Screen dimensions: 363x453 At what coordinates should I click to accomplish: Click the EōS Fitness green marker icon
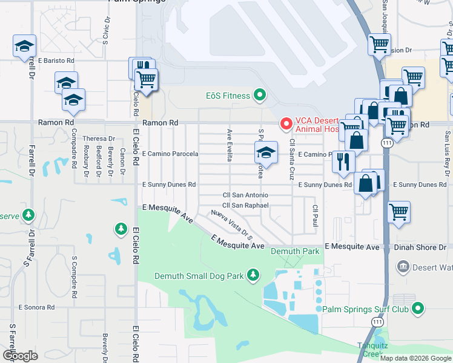coord(260,95)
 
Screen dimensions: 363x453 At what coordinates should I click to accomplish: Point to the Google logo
coord(20,355)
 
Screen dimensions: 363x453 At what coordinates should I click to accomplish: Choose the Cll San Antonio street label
coord(245,195)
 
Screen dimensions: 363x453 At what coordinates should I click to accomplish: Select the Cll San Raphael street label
coord(245,206)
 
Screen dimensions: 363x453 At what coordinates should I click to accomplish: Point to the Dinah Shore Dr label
coord(422,247)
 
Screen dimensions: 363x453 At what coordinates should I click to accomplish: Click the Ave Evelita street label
coord(230,145)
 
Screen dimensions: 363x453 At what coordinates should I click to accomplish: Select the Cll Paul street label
coord(315,216)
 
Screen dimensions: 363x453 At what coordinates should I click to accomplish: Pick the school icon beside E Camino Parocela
coord(266,152)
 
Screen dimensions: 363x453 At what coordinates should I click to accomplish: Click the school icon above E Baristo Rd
coord(25,45)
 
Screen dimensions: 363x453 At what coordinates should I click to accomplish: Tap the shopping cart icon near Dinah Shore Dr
coord(398,212)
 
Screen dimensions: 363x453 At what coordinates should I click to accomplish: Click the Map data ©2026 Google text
coord(415,358)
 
